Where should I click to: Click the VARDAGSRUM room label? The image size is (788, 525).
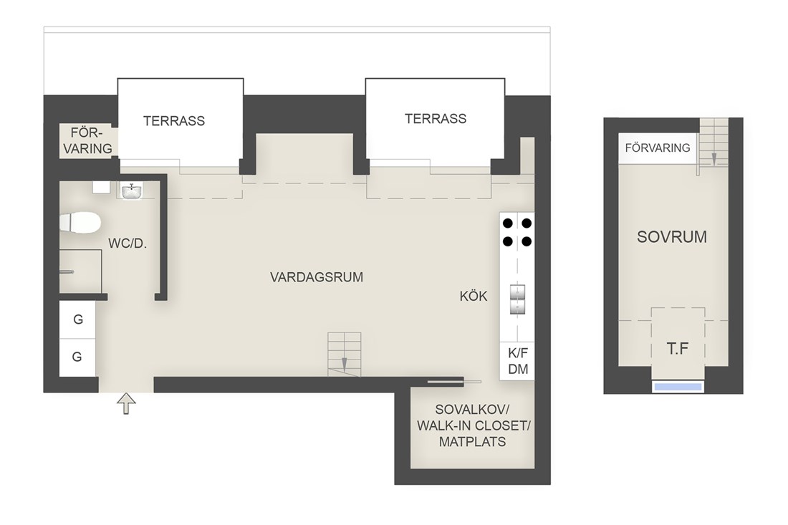(317, 277)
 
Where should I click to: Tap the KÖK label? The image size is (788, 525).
(474, 297)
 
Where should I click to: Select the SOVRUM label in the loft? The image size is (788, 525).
(672, 236)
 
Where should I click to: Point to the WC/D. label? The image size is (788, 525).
(128, 244)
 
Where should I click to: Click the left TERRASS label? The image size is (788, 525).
(174, 121)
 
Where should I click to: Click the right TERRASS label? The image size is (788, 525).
(436, 119)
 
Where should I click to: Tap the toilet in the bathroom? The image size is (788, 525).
(80, 223)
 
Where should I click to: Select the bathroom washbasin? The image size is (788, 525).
(132, 191)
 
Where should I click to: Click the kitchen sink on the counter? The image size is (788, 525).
(518, 299)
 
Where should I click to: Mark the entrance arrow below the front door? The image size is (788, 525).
(127, 403)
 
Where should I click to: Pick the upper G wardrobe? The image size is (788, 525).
(77, 319)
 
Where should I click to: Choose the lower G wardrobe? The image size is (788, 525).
(77, 357)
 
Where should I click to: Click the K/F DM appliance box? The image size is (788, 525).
(518, 361)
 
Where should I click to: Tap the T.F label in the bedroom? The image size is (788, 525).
(678, 349)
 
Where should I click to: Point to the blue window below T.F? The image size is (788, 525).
(678, 387)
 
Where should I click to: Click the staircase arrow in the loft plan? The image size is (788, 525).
(713, 159)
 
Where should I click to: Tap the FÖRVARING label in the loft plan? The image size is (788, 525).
(658, 148)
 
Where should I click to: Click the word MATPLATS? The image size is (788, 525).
(472, 442)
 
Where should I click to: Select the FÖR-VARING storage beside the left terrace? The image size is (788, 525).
(88, 141)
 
